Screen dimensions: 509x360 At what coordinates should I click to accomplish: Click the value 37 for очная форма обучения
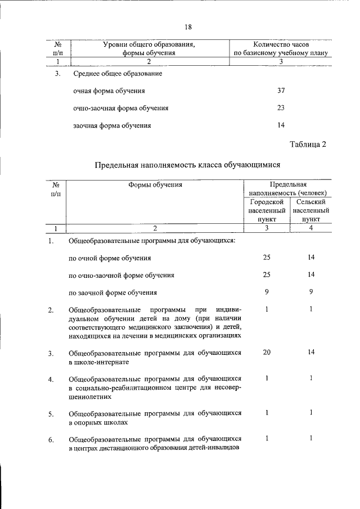pyautogui.click(x=281, y=90)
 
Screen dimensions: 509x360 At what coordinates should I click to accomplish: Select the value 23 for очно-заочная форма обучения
pyautogui.click(x=281, y=107)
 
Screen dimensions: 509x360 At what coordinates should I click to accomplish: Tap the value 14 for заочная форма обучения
pyautogui.click(x=281, y=125)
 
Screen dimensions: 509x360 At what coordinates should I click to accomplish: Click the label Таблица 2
pyautogui.click(x=308, y=145)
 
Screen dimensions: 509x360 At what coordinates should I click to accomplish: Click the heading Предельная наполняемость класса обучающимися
pyautogui.click(x=187, y=165)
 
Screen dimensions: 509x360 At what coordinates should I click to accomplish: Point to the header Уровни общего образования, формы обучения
pyautogui.click(x=150, y=48)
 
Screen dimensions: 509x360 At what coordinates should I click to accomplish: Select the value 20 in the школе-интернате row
pyautogui.click(x=267, y=352)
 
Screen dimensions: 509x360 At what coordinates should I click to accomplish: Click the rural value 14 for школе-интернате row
pyautogui.click(x=310, y=352)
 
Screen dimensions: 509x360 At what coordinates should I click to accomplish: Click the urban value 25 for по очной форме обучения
pyautogui.click(x=267, y=257)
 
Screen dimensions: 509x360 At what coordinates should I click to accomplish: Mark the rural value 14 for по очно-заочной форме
pyautogui.click(x=310, y=274)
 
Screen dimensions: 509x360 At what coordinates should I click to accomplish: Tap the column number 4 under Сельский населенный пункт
pyautogui.click(x=310, y=228)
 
